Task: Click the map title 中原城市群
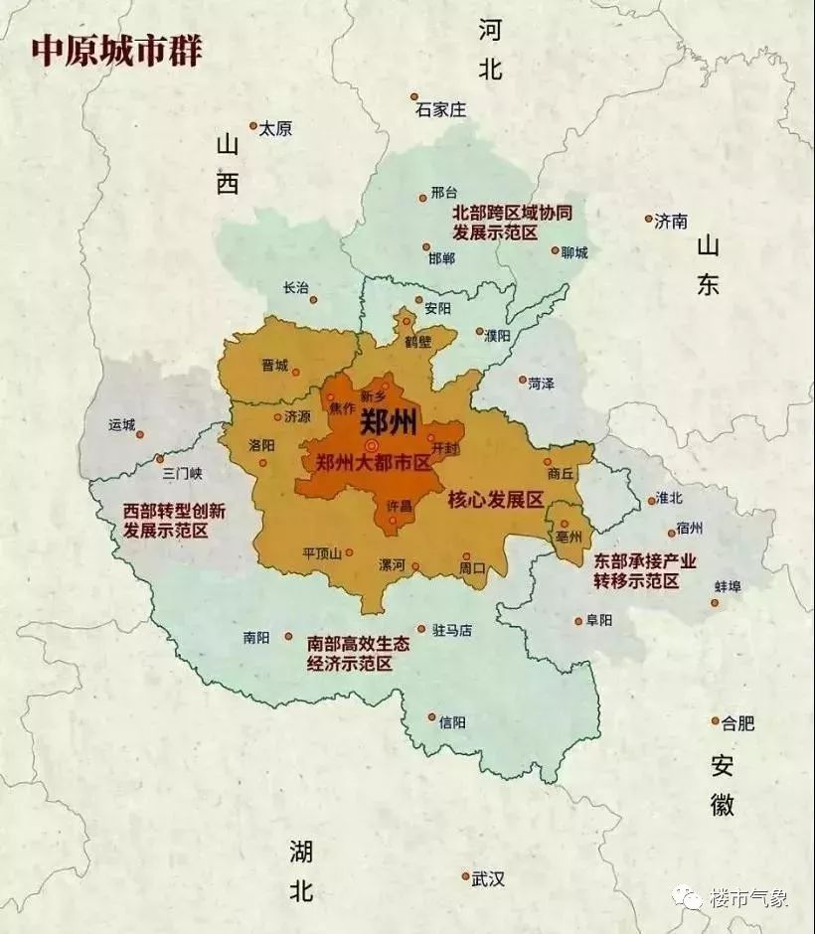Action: tap(116, 51)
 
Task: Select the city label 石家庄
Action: tap(440, 110)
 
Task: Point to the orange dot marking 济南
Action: tap(648, 219)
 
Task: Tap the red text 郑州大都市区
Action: tap(372, 463)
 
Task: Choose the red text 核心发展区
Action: tap(495, 499)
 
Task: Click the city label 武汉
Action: tap(488, 878)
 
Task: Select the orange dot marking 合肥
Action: tap(715, 721)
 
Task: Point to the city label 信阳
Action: tap(451, 722)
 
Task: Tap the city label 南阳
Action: tap(255, 638)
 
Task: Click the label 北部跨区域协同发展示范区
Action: tap(512, 223)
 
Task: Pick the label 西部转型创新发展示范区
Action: tap(174, 521)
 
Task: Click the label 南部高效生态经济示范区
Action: tap(358, 653)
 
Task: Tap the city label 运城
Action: tap(121, 424)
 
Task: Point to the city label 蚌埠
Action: tap(727, 586)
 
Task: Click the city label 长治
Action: tap(295, 287)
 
